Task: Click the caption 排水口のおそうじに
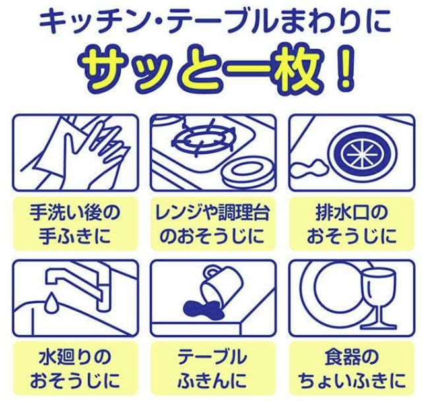coord(355,224)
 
